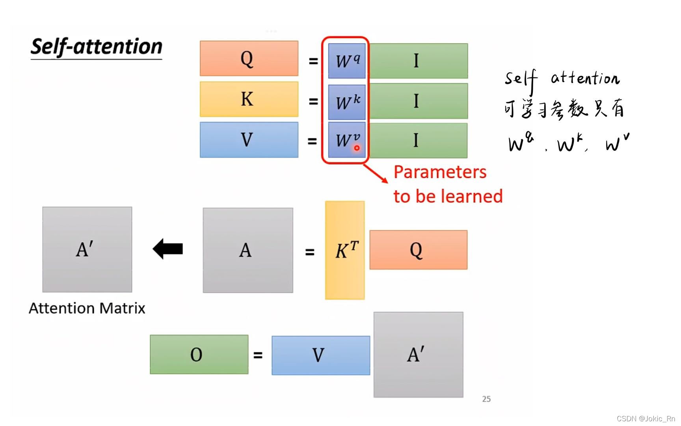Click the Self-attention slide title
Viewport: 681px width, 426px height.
(96, 47)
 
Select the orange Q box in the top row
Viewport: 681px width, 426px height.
(249, 58)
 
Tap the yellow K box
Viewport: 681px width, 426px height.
(249, 99)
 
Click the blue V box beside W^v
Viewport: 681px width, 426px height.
(249, 140)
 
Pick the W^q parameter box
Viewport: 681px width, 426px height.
(347, 61)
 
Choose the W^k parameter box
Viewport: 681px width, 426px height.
(347, 102)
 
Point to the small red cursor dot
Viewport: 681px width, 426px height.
(357, 148)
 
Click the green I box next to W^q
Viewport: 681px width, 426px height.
(418, 61)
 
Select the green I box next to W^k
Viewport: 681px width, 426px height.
(418, 101)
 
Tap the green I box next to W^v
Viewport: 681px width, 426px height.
(418, 140)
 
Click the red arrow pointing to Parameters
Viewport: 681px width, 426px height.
(376, 174)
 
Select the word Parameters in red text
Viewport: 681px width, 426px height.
(440, 172)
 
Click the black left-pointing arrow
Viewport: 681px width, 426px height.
(168, 249)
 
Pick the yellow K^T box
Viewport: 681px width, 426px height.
(345, 250)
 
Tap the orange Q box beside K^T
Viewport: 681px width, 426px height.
(418, 250)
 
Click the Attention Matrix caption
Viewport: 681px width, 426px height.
(87, 308)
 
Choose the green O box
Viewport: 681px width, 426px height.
(199, 354)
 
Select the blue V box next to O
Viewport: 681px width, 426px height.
(320, 355)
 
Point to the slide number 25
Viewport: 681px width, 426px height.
(486, 399)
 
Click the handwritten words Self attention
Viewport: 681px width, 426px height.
(562, 79)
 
